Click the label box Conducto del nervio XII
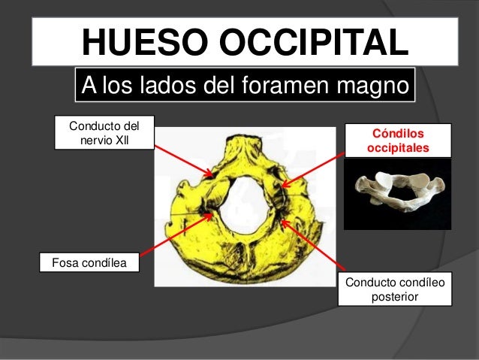[102, 132]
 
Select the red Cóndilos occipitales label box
[398, 141]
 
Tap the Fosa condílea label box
[88, 263]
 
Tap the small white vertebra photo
[397, 195]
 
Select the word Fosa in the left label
[62, 263]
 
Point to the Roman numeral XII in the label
[120, 141]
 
